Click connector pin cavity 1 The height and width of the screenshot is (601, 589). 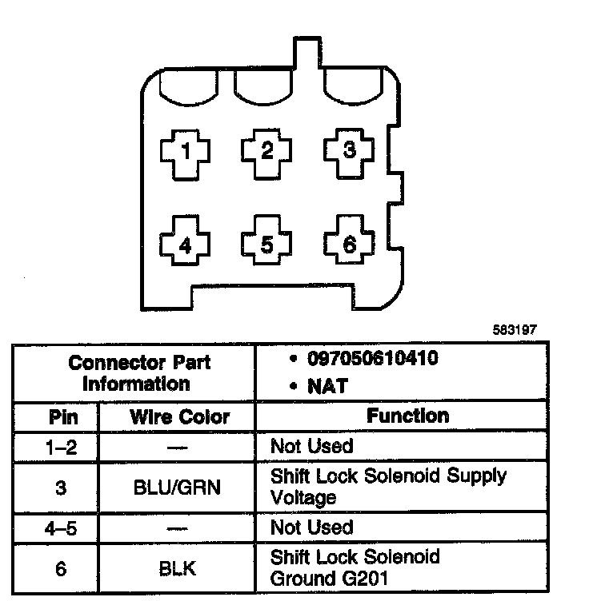(x=186, y=152)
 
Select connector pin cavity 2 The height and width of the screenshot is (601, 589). (x=267, y=151)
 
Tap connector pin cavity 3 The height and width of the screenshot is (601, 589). (x=348, y=151)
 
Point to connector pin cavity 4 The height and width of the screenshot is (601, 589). (x=186, y=245)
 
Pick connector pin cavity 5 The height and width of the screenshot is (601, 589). (x=267, y=245)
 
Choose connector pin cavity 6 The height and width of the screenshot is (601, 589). (x=348, y=245)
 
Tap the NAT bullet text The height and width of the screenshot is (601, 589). (x=327, y=386)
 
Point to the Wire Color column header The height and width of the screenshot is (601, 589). (x=179, y=417)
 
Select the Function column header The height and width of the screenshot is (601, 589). (x=407, y=416)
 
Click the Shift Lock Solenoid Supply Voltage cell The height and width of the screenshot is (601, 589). (x=388, y=486)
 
